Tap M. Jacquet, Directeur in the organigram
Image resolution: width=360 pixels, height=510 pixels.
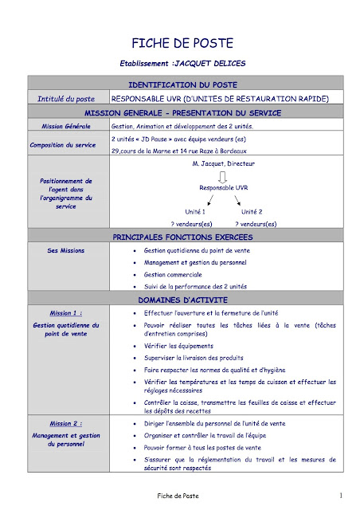click(x=223, y=163)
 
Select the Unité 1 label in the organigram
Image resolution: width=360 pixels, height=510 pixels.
click(x=195, y=212)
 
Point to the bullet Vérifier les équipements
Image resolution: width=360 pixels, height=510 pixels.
click(x=178, y=347)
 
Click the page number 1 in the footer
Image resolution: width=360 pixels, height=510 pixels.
click(x=340, y=496)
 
